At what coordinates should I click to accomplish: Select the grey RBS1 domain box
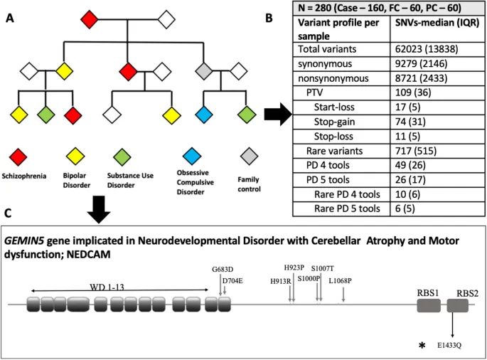pyautogui.click(x=428, y=306)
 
